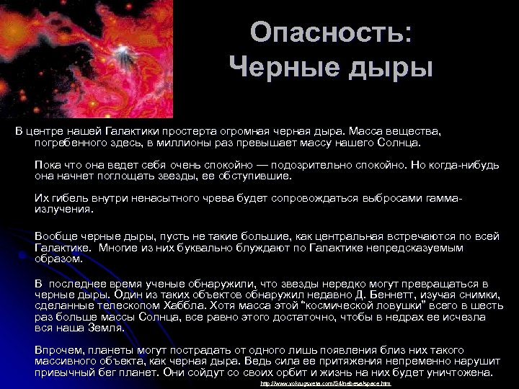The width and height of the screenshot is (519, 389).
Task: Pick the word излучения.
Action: coord(63,209)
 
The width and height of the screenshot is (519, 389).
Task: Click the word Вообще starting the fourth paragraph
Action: coord(54,236)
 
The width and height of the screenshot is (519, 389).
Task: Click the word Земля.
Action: coord(106,328)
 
